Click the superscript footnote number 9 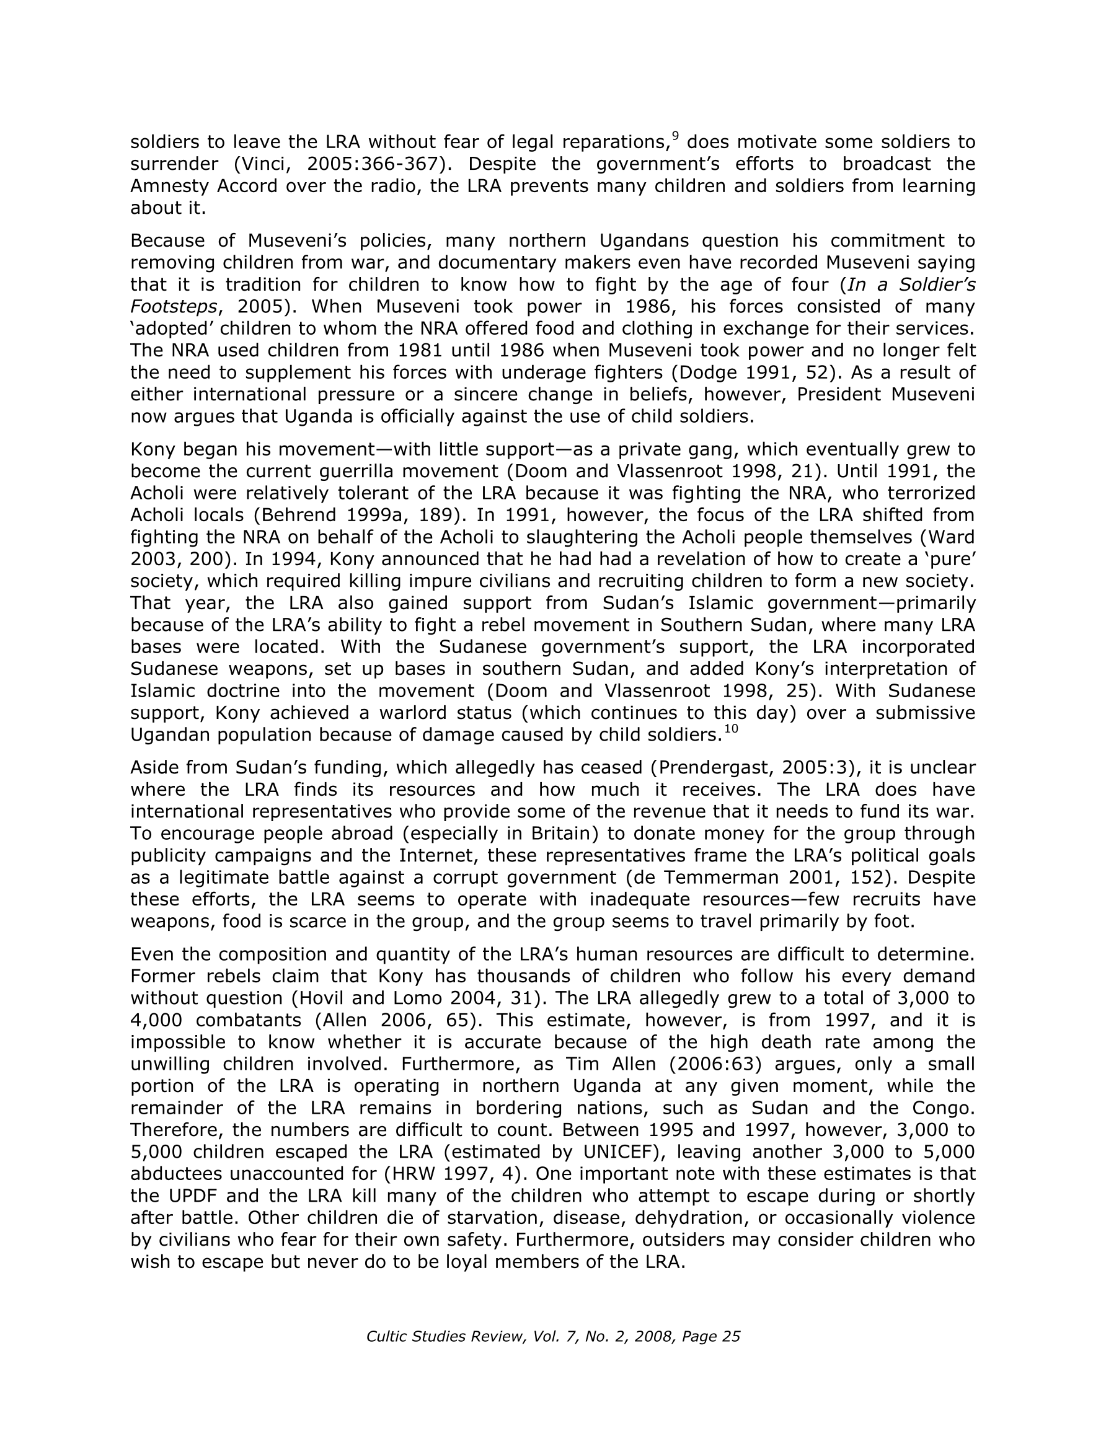coord(675,136)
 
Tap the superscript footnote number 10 coord(730,729)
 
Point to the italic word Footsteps coord(173,307)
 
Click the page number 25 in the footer coord(730,1337)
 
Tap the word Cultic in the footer coord(387,1337)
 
